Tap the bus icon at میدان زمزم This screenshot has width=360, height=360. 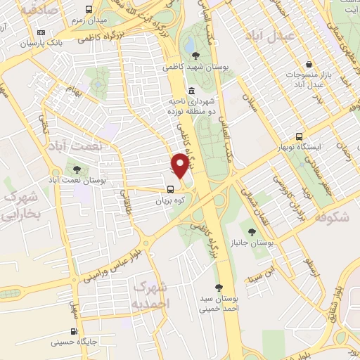tap(89, 10)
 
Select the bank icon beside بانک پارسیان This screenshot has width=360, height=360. tap(41, 32)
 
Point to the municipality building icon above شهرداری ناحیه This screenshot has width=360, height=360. tap(193, 91)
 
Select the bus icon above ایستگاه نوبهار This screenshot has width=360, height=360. tap(300, 136)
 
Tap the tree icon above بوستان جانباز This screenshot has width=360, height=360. tap(252, 231)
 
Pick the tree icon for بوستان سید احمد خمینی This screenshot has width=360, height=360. tap(219, 287)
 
